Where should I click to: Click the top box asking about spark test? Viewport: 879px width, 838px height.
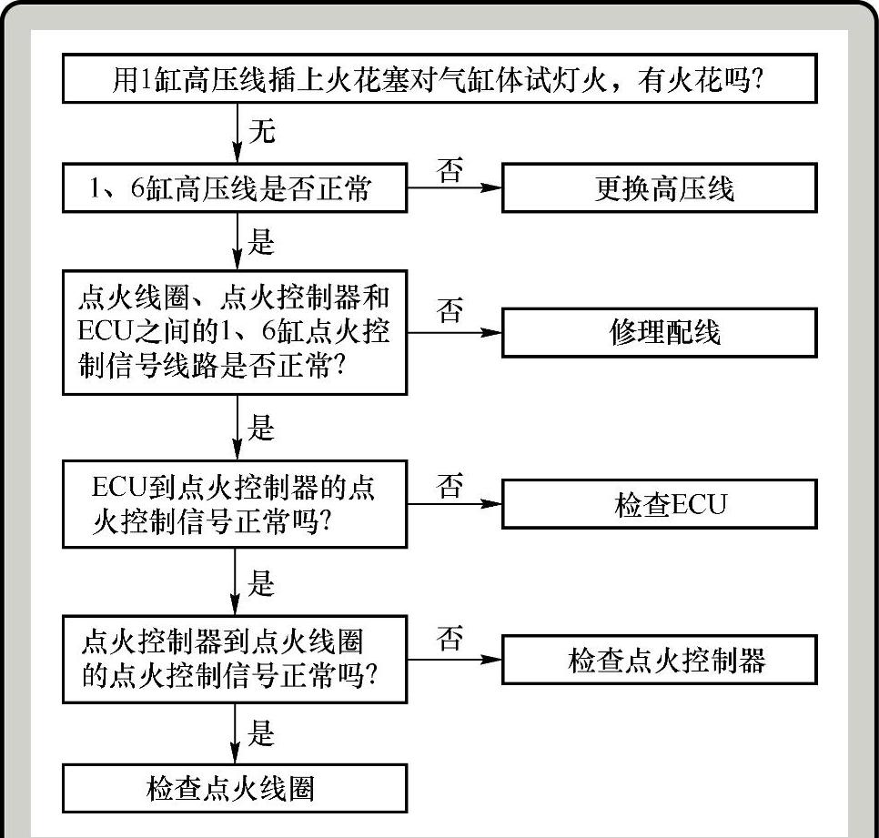[x=439, y=80]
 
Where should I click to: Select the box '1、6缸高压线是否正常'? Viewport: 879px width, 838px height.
[x=235, y=188]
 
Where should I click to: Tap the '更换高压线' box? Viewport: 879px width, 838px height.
[x=660, y=188]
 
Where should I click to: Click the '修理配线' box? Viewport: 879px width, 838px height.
[x=660, y=332]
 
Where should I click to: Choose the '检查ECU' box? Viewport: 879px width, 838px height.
[x=660, y=503]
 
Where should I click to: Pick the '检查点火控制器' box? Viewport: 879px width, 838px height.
[x=660, y=659]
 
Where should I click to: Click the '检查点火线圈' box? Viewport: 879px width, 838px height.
[x=235, y=787]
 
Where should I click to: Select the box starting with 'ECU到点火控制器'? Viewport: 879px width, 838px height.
[x=235, y=503]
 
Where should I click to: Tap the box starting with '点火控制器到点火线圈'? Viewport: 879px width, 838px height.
[x=235, y=659]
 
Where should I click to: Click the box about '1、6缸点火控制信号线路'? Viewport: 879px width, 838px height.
[x=235, y=332]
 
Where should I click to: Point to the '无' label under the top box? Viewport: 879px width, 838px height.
[x=261, y=133]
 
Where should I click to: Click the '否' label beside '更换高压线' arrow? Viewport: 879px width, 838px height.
[x=450, y=170]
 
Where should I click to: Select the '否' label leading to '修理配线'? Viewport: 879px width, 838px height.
[x=450, y=312]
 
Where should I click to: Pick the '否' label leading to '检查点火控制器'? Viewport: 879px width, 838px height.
[x=450, y=640]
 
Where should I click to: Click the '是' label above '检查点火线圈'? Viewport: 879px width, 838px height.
[x=261, y=733]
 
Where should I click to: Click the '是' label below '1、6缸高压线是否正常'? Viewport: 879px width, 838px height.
[x=261, y=243]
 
